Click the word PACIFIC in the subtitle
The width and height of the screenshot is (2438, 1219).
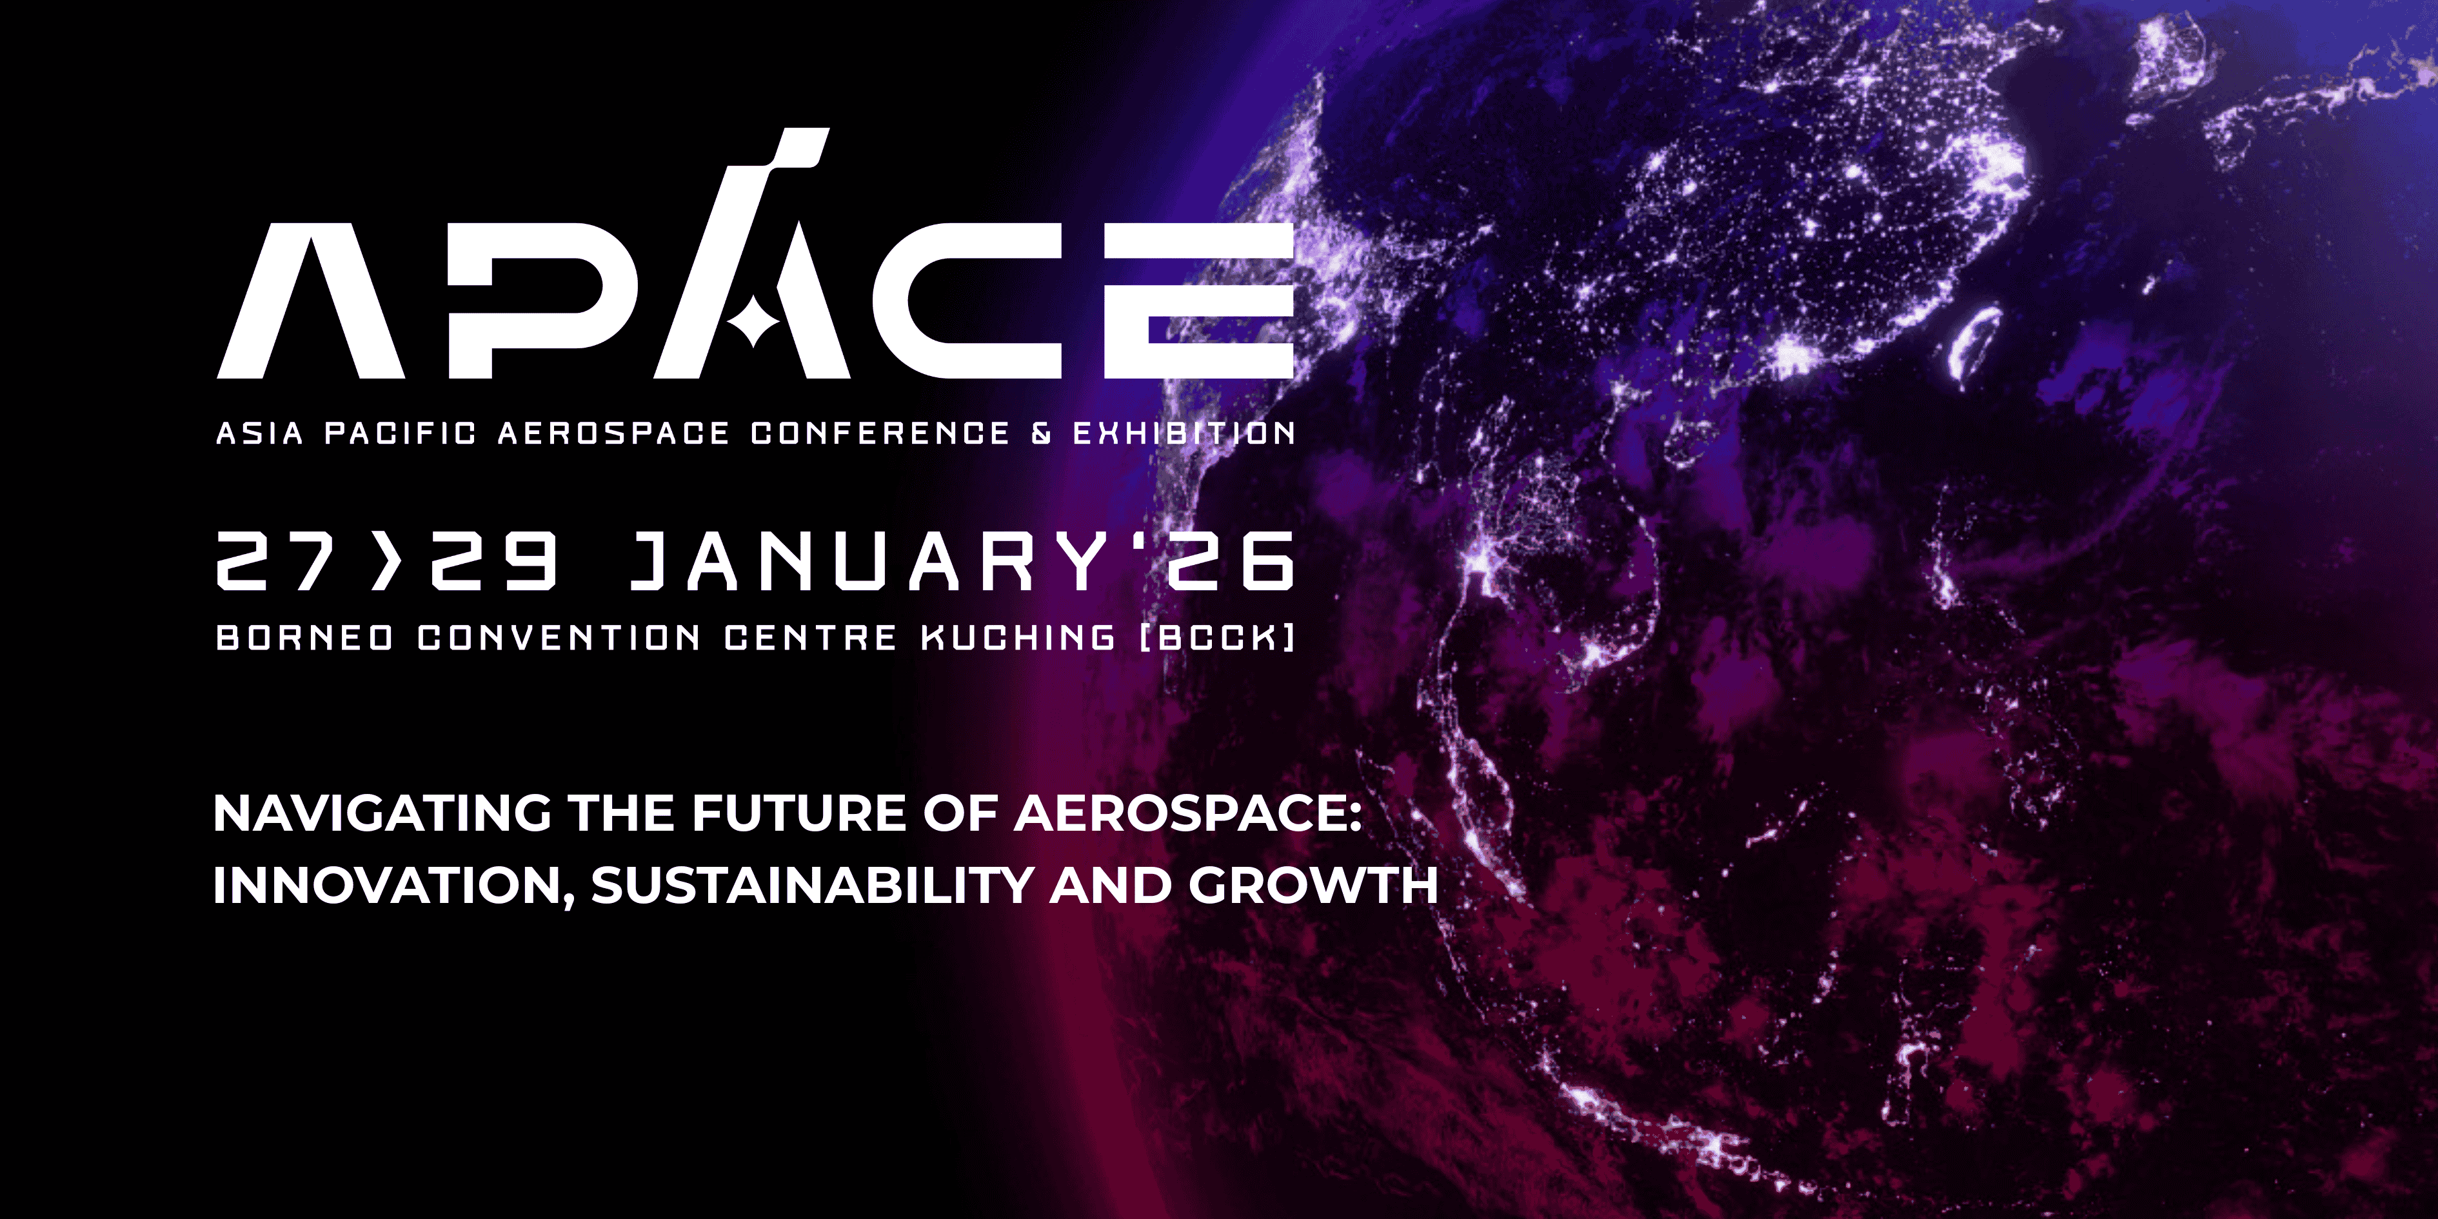pyautogui.click(x=401, y=433)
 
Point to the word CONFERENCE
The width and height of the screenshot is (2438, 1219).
pyautogui.click(x=880, y=433)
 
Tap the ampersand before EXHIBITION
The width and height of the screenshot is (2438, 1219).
pyautogui.click(x=1041, y=433)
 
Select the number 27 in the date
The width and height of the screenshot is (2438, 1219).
pyautogui.click(x=275, y=560)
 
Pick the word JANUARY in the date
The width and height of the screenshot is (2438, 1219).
pyautogui.click(x=868, y=560)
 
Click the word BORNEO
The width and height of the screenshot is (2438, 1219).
pyautogui.click(x=304, y=638)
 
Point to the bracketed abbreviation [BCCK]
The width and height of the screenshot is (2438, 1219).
pyautogui.click(x=1217, y=638)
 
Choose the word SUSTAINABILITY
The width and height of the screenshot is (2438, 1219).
pyautogui.click(x=812, y=886)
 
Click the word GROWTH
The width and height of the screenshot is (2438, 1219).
pyautogui.click(x=1314, y=886)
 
